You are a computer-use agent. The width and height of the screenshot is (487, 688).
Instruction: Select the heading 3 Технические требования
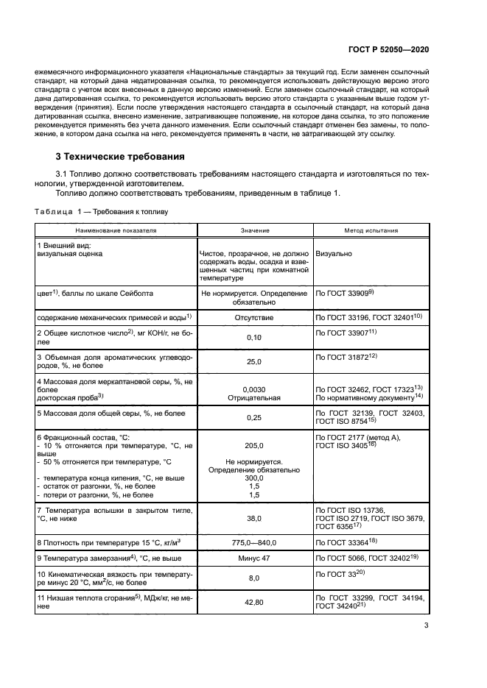(x=121, y=157)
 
